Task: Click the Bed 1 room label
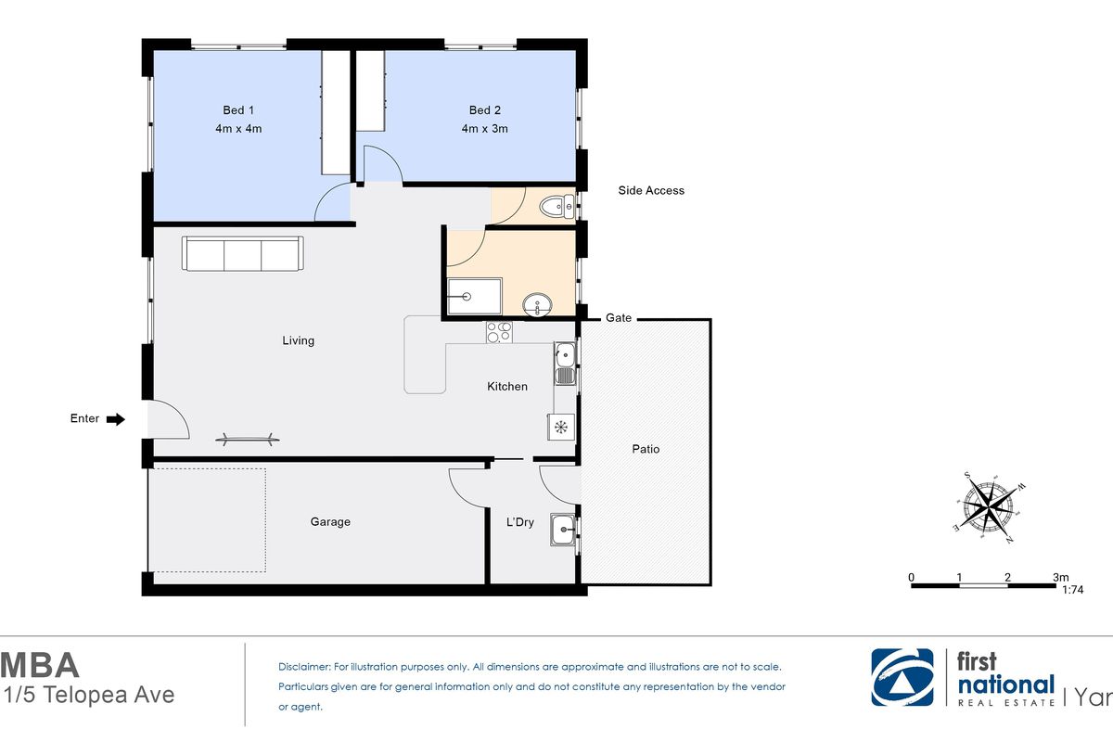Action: [238, 109]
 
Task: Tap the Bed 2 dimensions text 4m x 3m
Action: [484, 129]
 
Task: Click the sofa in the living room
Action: [242, 253]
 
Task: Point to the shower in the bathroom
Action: [475, 296]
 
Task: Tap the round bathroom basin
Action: [537, 304]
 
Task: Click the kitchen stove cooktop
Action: [499, 332]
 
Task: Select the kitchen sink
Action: [565, 364]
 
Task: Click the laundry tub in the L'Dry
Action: [563, 530]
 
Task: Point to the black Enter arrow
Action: [116, 419]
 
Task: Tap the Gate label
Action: [619, 317]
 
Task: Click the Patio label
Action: [646, 449]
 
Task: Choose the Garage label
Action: [330, 522]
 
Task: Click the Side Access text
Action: [651, 190]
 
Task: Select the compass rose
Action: [990, 507]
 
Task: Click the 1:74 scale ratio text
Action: [1072, 589]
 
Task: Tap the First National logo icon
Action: [902, 677]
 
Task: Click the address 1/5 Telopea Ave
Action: [89, 695]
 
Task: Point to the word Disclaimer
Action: [304, 667]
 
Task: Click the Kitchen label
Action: [506, 386]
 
